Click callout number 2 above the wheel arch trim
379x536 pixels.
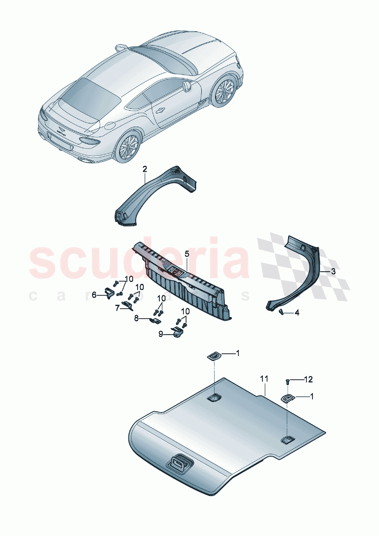click(145, 168)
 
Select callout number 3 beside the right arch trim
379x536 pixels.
click(333, 271)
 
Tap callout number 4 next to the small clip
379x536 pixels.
click(297, 313)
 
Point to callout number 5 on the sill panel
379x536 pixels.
click(187, 254)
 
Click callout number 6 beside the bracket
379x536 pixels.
click(94, 295)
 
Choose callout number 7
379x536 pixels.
click(117, 308)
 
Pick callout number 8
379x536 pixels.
click(136, 318)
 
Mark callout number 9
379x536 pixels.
click(161, 334)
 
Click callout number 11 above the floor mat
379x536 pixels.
click(264, 379)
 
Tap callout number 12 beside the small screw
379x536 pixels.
click(308, 379)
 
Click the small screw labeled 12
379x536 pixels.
click(287, 381)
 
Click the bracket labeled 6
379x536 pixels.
click(109, 293)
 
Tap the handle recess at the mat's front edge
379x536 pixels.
click(178, 464)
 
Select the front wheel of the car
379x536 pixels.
click(224, 92)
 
